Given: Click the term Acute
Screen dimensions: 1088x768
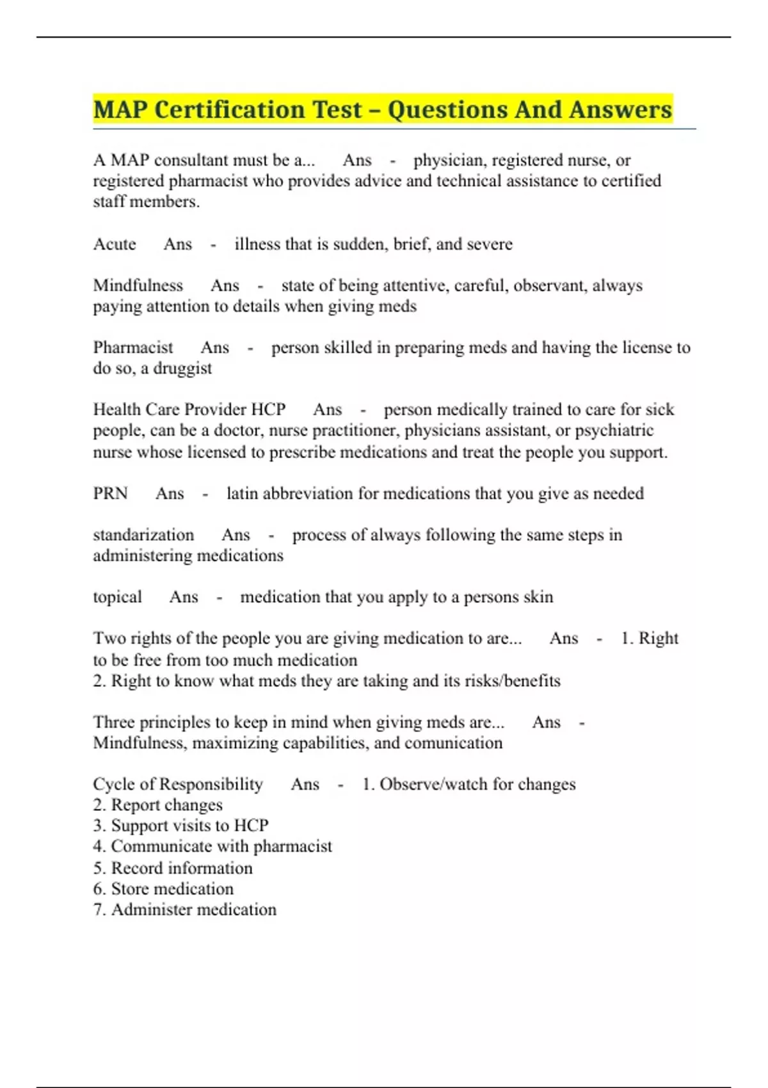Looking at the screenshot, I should point(115,244).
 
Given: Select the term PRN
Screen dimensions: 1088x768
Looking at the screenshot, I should point(110,493).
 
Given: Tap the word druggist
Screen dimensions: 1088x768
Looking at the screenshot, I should point(182,369).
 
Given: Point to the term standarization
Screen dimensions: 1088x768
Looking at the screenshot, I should point(143,535).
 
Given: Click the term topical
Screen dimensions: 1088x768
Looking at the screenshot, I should point(117,597).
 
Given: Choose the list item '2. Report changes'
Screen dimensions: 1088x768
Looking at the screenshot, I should point(157,805).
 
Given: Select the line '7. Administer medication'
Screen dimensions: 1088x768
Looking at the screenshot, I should point(184,909).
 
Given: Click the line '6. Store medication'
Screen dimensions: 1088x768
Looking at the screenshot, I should point(163,889).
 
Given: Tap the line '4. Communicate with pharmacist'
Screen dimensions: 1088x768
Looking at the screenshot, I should point(212,846).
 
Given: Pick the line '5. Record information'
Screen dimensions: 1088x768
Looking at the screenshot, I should point(173,868).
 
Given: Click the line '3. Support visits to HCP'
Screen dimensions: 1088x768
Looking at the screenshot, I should point(180,826).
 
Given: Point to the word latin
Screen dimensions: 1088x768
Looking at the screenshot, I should point(242,493).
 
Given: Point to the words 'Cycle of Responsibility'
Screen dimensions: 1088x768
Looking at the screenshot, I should point(178,784).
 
